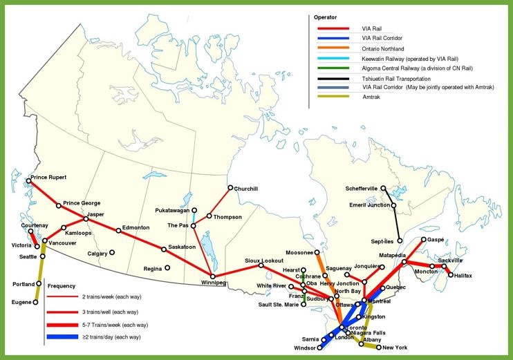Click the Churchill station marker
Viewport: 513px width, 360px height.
point(231,188)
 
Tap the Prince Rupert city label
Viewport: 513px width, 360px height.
point(48,177)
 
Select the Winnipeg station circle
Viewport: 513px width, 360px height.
point(213,276)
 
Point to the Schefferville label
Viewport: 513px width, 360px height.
point(362,189)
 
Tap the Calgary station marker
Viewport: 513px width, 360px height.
point(111,254)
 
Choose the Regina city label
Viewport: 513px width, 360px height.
point(153,268)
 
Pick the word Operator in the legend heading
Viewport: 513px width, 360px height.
point(326,16)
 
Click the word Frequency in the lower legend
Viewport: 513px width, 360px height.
point(62,285)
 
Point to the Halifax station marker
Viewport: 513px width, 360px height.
point(451,276)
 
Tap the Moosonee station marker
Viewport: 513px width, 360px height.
point(317,253)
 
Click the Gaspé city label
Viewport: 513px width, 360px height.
point(436,239)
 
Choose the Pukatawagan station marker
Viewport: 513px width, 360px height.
point(194,210)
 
